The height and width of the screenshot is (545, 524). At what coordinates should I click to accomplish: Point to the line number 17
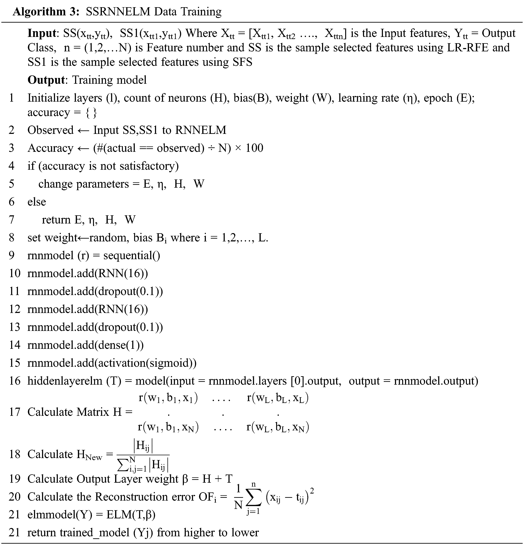pyautogui.click(x=14, y=412)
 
